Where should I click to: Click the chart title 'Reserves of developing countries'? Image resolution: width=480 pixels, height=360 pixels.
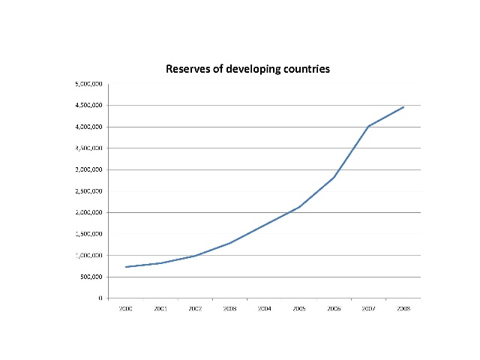pyautogui.click(x=247, y=69)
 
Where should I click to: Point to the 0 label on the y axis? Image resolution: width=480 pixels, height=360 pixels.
pyautogui.click(x=100, y=298)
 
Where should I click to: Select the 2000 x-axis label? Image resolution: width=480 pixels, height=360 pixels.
pyautogui.click(x=125, y=307)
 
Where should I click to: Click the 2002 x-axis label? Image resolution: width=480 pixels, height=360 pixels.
pyautogui.click(x=194, y=307)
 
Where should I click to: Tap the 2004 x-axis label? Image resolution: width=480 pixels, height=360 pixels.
pyautogui.click(x=264, y=307)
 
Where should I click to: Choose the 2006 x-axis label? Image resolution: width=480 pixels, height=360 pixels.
pyautogui.click(x=334, y=307)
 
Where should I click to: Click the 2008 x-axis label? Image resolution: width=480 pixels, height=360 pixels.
pyautogui.click(x=403, y=307)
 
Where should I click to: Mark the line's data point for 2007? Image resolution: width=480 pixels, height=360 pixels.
pyautogui.click(x=368, y=126)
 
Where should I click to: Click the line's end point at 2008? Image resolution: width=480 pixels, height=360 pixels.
pyautogui.click(x=403, y=107)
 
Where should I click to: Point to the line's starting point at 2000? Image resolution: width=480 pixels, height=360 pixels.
pyautogui.click(x=125, y=267)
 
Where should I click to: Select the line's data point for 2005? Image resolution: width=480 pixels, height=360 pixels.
pyautogui.click(x=298, y=207)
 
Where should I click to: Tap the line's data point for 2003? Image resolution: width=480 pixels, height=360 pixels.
pyautogui.click(x=229, y=243)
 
